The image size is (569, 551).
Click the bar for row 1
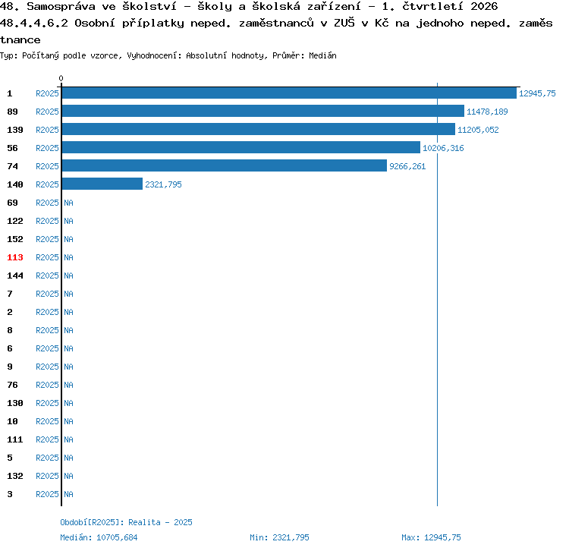click(x=289, y=93)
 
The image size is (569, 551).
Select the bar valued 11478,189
click(x=263, y=111)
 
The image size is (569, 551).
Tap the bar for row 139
click(x=259, y=129)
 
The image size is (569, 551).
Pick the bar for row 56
click(x=241, y=147)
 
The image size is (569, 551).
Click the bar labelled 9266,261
click(x=225, y=165)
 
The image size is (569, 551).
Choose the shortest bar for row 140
click(x=102, y=184)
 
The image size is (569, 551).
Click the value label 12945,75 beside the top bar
click(x=537, y=93)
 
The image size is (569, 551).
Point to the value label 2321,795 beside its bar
click(x=163, y=184)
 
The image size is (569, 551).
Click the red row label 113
click(x=15, y=257)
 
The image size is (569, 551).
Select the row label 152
click(x=15, y=239)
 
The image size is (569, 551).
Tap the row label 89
click(x=12, y=112)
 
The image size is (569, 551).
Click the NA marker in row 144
click(x=68, y=275)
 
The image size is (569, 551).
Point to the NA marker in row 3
click(x=68, y=494)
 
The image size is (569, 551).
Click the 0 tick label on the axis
click(x=61, y=78)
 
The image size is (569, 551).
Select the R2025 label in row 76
click(x=47, y=385)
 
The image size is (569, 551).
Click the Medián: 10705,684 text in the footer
click(x=99, y=537)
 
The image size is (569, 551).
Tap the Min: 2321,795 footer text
click(x=279, y=537)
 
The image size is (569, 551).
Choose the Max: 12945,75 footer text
click(x=431, y=537)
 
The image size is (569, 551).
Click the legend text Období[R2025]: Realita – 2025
click(x=126, y=522)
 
